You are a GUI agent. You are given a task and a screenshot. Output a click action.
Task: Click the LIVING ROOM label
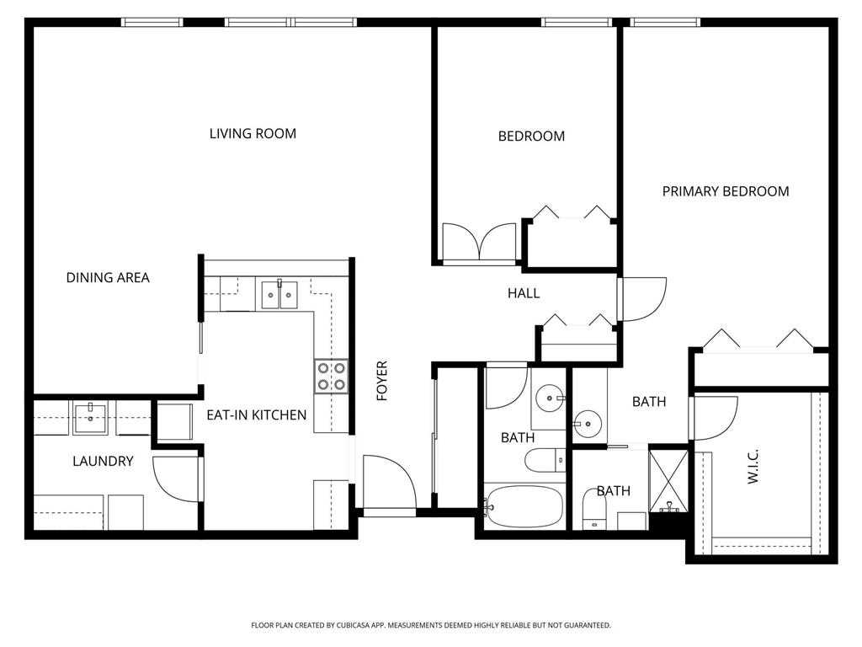tap(253, 133)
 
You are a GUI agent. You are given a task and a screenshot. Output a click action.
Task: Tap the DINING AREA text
tap(108, 277)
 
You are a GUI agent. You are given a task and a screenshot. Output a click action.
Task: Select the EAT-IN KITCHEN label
tap(257, 415)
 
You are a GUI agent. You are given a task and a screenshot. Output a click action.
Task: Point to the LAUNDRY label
tap(103, 461)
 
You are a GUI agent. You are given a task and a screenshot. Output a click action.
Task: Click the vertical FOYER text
tap(382, 381)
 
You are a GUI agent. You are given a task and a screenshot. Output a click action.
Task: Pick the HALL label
tap(523, 293)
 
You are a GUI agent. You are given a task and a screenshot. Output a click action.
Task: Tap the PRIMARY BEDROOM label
tap(725, 191)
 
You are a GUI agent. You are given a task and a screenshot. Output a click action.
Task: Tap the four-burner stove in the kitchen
tap(331, 376)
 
